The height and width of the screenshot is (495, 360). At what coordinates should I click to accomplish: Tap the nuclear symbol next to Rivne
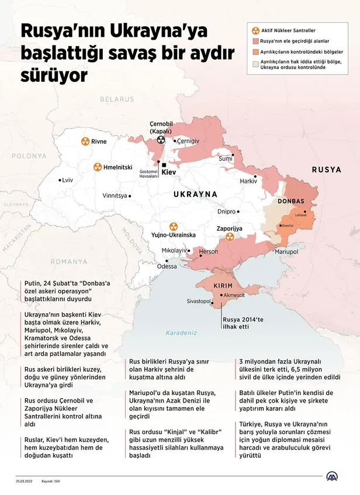point(85,141)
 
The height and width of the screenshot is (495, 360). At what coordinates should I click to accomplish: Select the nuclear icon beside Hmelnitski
point(97,167)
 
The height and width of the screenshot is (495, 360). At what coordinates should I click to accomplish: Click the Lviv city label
point(67,181)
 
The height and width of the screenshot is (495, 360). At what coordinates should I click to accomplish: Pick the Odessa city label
point(167,266)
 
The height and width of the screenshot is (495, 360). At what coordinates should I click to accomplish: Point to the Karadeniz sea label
point(181,333)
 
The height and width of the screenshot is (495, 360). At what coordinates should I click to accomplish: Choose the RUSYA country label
point(326,169)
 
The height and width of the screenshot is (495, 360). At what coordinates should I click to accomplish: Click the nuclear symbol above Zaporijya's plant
point(229,237)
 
